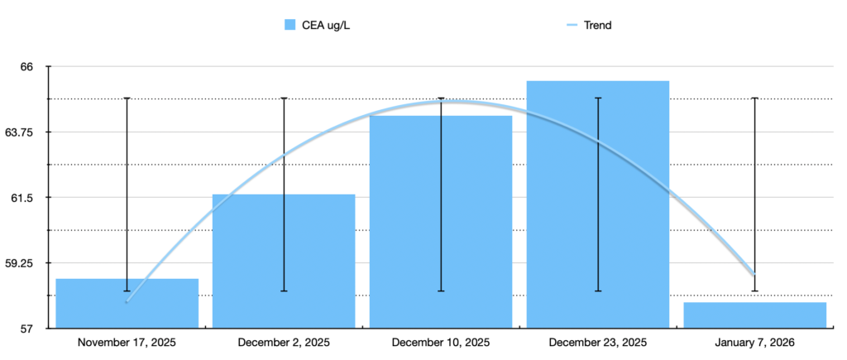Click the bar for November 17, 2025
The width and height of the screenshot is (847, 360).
(127, 304)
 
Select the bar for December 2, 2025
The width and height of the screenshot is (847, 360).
(284, 262)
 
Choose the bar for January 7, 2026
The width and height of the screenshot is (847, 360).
(755, 315)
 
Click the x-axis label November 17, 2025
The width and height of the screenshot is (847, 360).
(127, 343)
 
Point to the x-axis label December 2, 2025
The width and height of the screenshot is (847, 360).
(284, 343)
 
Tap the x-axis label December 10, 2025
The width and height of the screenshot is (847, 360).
(441, 343)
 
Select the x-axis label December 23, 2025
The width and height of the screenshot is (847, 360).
(598, 343)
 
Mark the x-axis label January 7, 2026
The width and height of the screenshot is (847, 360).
(755, 343)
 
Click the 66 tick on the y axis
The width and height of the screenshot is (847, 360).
(27, 66)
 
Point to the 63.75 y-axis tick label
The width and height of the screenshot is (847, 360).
(21, 132)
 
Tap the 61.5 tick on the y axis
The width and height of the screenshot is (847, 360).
(25, 198)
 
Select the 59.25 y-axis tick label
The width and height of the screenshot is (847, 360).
(21, 263)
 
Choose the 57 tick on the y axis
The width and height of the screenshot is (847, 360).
(27, 329)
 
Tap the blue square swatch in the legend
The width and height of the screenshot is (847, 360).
(290, 25)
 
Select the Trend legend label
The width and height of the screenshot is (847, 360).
(598, 25)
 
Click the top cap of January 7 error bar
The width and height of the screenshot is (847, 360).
(755, 98)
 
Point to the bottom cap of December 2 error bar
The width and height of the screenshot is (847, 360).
(284, 291)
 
